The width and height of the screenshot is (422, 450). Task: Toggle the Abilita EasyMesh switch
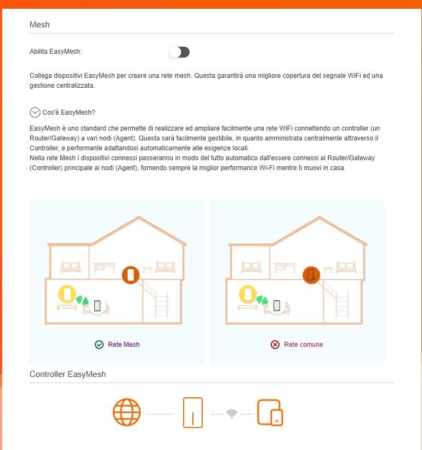[179, 52]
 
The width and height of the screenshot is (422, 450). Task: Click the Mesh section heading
[39, 25]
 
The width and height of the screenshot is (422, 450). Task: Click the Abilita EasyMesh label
[55, 52]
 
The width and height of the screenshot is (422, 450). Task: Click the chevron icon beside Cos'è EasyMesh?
[35, 113]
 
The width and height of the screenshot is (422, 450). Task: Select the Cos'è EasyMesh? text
[69, 113]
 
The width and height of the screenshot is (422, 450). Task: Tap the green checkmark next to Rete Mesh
[99, 345]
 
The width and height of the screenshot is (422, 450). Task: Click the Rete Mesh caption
[124, 345]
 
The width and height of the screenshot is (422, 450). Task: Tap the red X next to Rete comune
[275, 345]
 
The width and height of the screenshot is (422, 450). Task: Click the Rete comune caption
[303, 345]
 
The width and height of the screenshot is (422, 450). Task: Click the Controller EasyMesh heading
[67, 374]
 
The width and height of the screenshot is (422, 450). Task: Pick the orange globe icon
[127, 413]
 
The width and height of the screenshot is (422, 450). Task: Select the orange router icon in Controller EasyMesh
[192, 413]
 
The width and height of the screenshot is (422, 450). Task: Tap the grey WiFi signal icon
[232, 413]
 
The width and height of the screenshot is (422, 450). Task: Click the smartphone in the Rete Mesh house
[98, 306]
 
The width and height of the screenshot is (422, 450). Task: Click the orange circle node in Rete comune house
[312, 274]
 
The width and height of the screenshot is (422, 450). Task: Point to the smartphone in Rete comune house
[277, 306]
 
